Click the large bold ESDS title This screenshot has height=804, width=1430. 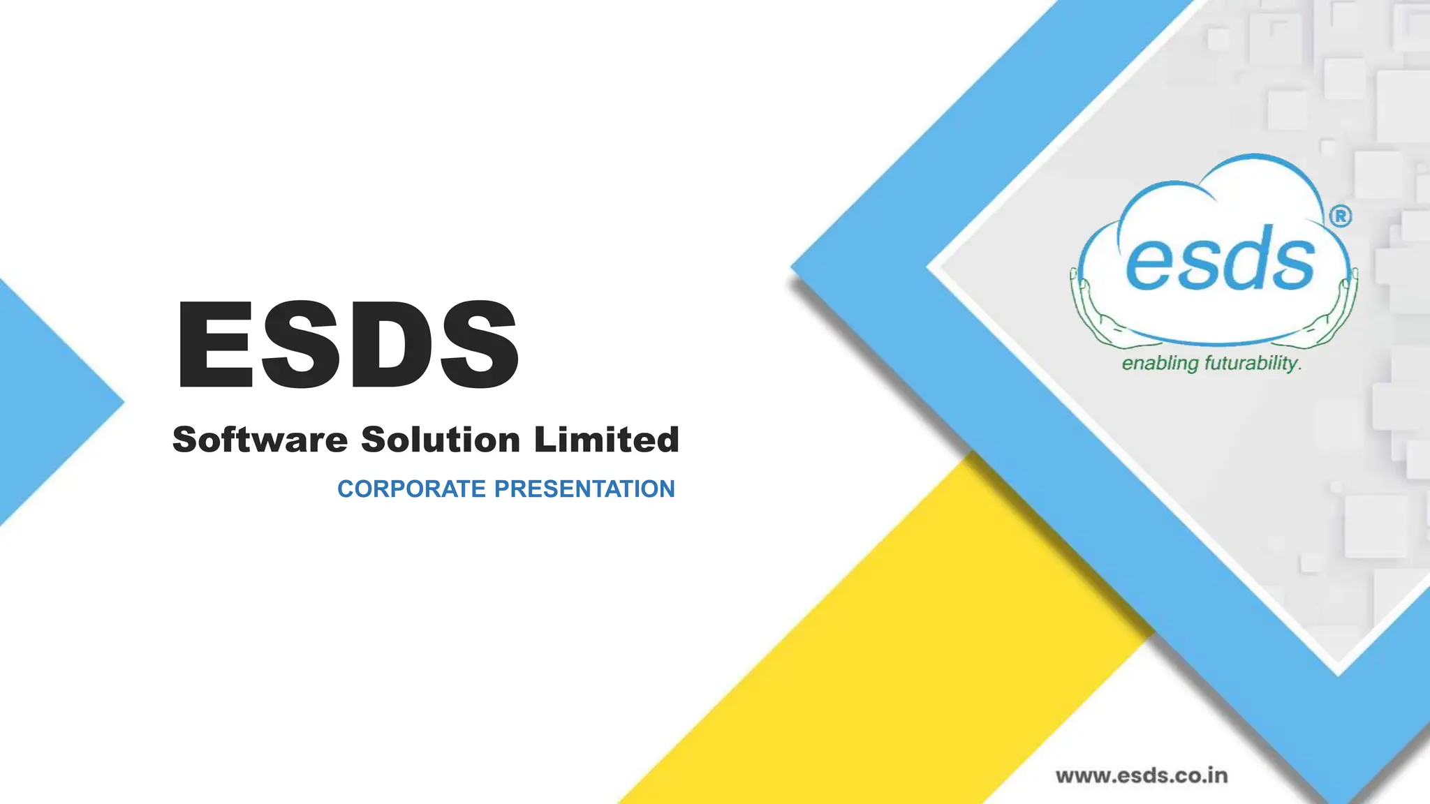pos(347,344)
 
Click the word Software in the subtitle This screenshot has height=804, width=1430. pos(260,440)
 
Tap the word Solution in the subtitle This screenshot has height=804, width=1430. pos(441,440)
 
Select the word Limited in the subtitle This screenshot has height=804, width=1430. pos(606,440)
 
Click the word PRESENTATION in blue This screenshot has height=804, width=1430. pos(584,489)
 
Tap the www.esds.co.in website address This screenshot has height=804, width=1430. pos(1141,775)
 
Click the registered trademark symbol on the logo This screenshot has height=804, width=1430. pos(1340,216)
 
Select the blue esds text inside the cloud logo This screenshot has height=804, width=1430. pos(1220,261)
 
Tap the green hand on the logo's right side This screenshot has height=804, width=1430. pos(1337,314)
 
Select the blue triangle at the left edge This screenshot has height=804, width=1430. pos(42,402)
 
